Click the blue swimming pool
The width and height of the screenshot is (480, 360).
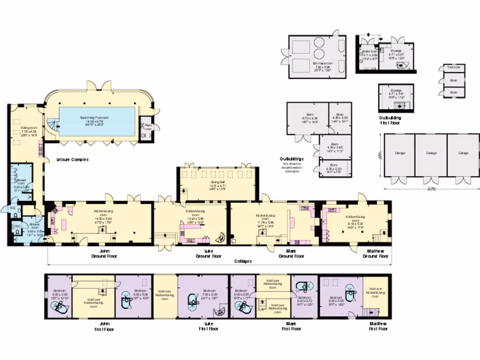(x=97, y=121)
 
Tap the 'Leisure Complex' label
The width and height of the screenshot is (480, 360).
(x=72, y=160)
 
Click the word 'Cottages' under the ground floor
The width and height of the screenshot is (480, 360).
(x=243, y=261)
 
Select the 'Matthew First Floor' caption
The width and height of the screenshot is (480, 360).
(x=377, y=326)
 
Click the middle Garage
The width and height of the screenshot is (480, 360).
(x=431, y=153)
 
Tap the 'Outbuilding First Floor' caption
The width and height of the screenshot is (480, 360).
(x=390, y=120)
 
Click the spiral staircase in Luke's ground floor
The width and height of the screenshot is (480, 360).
(x=219, y=236)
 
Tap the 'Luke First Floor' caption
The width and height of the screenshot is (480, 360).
(x=208, y=326)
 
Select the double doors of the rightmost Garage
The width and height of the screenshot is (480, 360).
(x=462, y=180)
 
